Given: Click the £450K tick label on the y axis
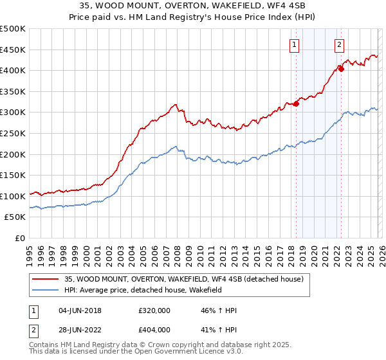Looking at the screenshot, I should click(13, 50).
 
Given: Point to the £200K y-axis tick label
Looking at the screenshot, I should click(13, 154).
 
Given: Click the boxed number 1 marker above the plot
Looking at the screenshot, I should click(294, 44).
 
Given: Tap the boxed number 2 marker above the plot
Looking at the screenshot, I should click(339, 44).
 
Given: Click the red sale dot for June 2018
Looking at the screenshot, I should click(296, 104).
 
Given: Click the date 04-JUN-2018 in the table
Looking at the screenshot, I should click(80, 310).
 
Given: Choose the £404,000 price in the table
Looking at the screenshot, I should click(154, 329).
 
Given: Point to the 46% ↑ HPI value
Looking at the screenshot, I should click(219, 310).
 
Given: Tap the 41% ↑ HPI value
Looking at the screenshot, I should click(219, 329).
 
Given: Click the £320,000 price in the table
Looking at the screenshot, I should click(154, 310).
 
